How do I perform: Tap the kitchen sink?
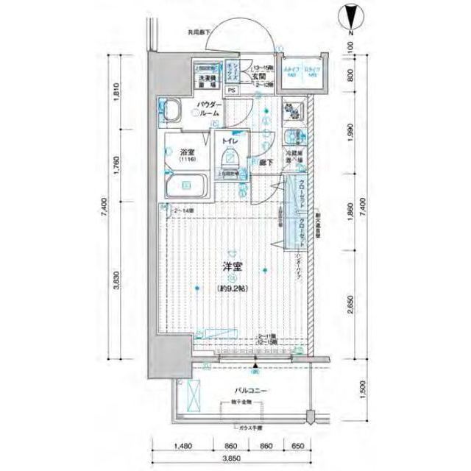point(292,137)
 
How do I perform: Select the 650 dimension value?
point(296,446)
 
